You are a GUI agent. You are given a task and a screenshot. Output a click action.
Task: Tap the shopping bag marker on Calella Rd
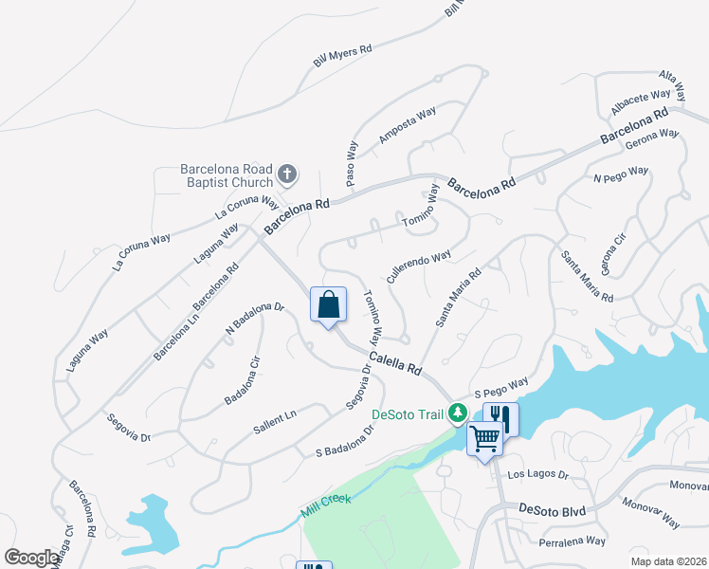328,305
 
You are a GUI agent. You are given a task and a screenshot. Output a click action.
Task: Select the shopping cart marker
483,438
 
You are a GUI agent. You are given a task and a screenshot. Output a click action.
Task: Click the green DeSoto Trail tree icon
458,413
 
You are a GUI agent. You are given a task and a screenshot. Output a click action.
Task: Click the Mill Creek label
326,504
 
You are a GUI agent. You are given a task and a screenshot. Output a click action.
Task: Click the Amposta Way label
407,124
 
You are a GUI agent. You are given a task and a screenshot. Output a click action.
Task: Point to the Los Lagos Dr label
537,473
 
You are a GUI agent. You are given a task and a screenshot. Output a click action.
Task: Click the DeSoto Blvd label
553,510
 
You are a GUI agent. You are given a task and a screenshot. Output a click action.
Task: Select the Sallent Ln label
275,422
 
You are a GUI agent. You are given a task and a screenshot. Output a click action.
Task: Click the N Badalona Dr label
255,318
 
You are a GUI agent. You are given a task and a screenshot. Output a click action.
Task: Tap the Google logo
32,557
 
